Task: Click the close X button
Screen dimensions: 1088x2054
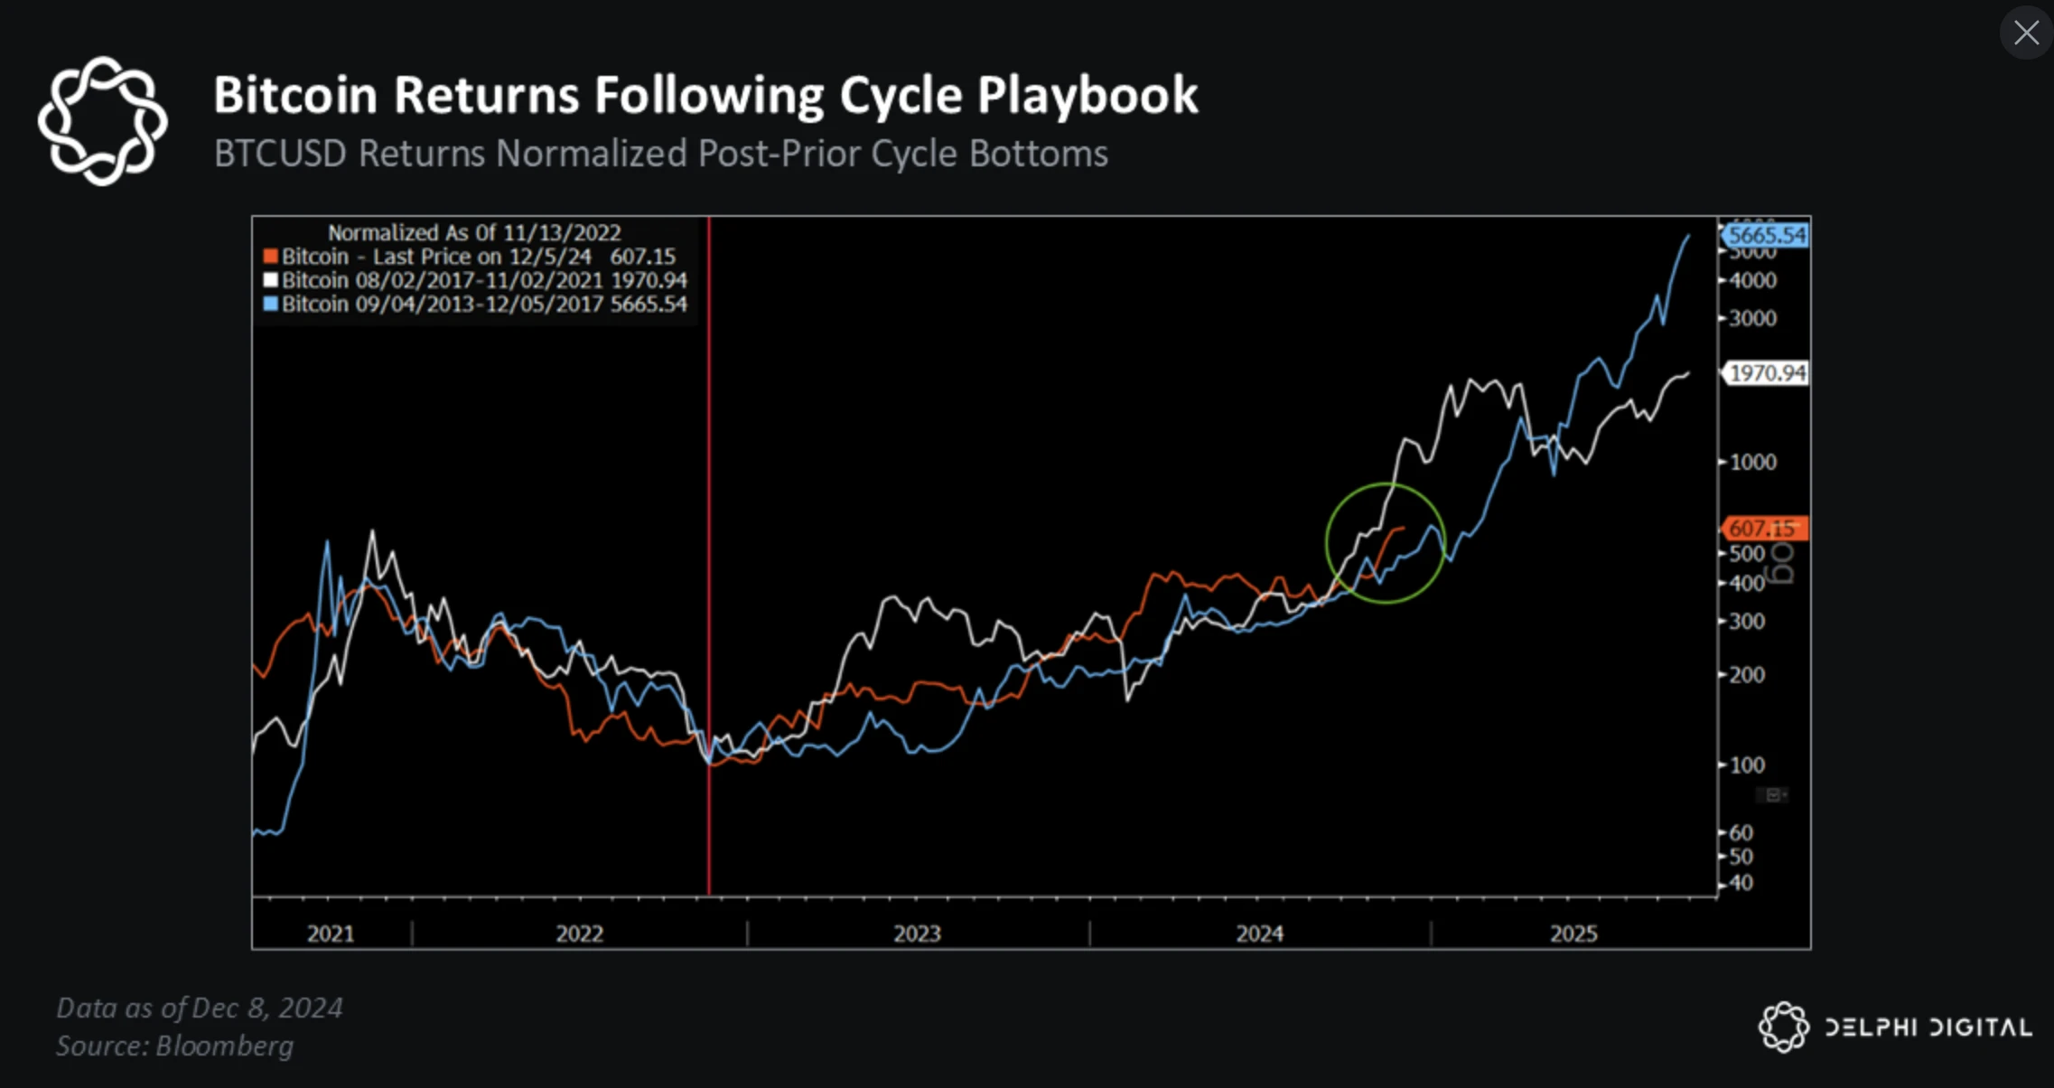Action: pyautogui.click(x=2026, y=33)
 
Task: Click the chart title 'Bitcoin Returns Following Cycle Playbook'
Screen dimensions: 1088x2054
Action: pyautogui.click(x=705, y=95)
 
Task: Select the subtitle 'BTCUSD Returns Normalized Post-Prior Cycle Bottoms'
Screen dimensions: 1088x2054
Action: pyautogui.click(x=660, y=154)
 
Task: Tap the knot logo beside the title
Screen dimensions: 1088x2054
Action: pyautogui.click(x=102, y=121)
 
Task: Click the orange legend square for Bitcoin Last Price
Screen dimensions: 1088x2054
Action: pyautogui.click(x=270, y=257)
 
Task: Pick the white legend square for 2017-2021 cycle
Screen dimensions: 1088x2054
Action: pyautogui.click(x=270, y=280)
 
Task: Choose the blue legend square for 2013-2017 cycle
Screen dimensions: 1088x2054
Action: pyautogui.click(x=270, y=304)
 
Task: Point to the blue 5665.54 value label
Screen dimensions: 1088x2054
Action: pyautogui.click(x=1766, y=236)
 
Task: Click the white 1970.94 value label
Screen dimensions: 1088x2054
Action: pyautogui.click(x=1768, y=373)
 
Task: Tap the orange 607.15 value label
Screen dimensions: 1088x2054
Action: pyautogui.click(x=1762, y=528)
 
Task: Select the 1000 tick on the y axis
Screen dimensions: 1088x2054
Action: pyautogui.click(x=1752, y=462)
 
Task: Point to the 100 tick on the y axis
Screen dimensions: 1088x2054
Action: pyautogui.click(x=1747, y=764)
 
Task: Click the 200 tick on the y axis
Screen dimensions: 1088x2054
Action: pyautogui.click(x=1747, y=674)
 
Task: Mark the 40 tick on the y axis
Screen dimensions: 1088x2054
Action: pyautogui.click(x=1741, y=883)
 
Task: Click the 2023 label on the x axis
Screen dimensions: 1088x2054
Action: pyautogui.click(x=917, y=933)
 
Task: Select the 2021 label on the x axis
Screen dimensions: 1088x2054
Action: pyautogui.click(x=331, y=933)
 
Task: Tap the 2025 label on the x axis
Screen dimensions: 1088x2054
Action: pyautogui.click(x=1573, y=933)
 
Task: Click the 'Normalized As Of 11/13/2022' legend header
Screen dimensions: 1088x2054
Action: pyautogui.click(x=474, y=232)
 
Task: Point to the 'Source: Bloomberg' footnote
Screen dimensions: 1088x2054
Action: pyautogui.click(x=175, y=1046)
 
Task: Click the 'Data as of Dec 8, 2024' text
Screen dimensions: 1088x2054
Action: pyautogui.click(x=200, y=1008)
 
